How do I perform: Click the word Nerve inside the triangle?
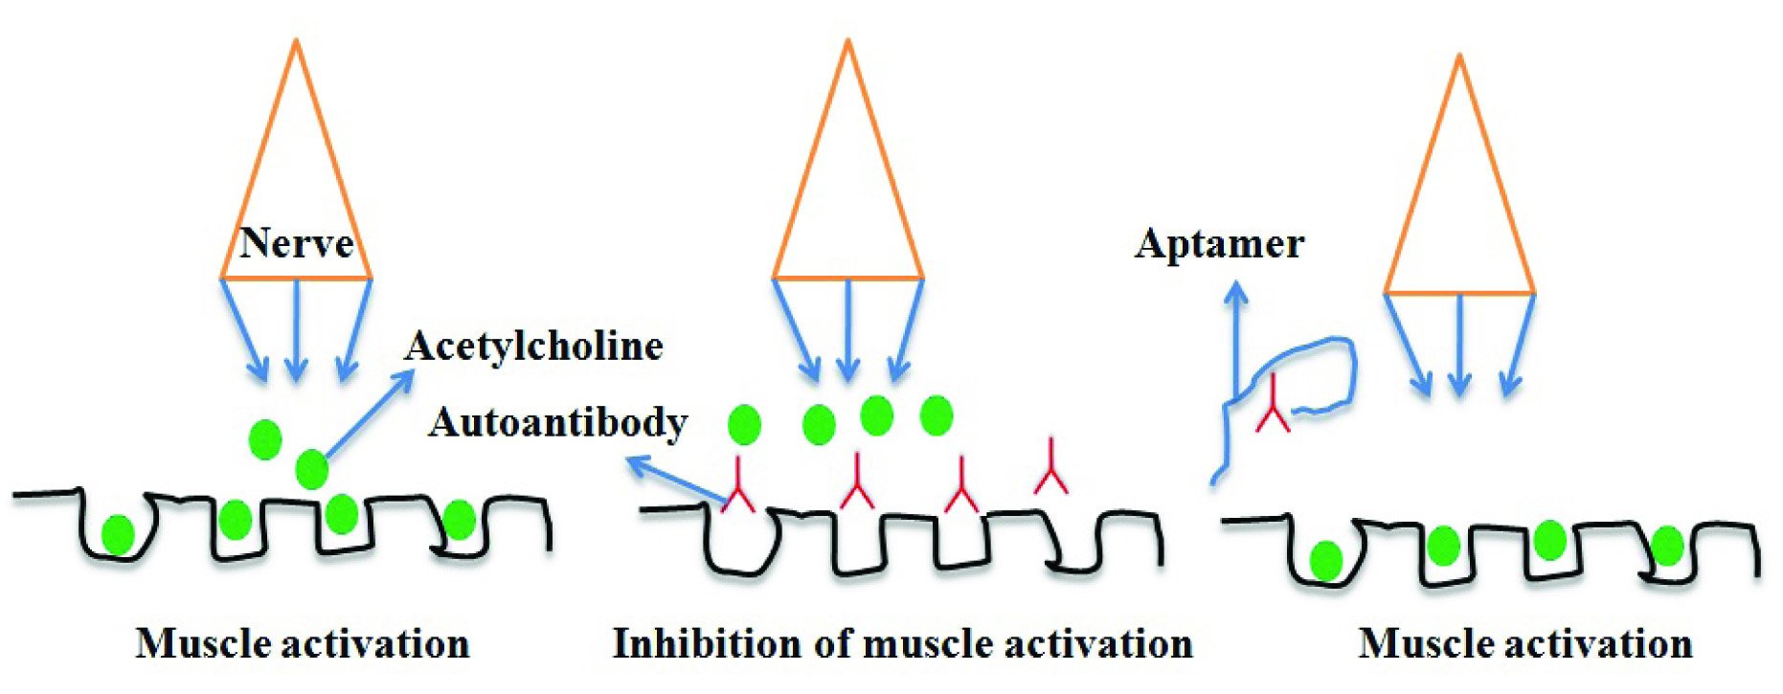(296, 243)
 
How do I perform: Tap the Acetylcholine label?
(533, 346)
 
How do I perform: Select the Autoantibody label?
(557, 422)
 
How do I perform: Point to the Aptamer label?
(1219, 243)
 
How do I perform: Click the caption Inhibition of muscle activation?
(902, 643)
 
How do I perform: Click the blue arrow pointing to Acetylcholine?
(369, 415)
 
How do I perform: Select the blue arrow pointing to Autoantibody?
(675, 480)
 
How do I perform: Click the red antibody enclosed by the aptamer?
(1273, 407)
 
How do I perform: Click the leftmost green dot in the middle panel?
(744, 424)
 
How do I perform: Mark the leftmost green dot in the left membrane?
(118, 534)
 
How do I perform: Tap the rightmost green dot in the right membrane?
(1667, 546)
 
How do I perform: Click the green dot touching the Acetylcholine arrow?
(311, 469)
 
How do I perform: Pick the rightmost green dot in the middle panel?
(936, 414)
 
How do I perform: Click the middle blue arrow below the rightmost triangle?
(1459, 345)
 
